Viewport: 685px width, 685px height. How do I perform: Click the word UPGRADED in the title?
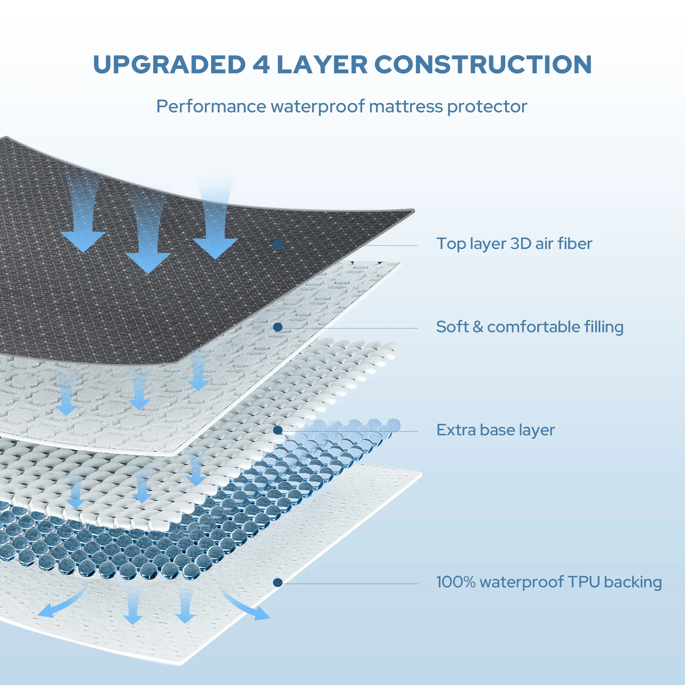tap(169, 64)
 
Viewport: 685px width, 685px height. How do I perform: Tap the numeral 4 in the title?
tap(261, 64)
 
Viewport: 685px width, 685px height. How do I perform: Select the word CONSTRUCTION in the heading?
tap(483, 64)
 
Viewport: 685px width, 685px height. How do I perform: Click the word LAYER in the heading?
tap(322, 64)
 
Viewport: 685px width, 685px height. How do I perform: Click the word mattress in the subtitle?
tap(405, 107)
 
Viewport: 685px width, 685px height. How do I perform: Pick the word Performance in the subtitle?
tap(211, 107)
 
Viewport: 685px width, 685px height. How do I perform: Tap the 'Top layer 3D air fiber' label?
tap(514, 244)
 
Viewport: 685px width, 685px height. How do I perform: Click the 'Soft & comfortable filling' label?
tap(530, 327)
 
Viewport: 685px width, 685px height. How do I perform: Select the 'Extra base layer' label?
tap(495, 430)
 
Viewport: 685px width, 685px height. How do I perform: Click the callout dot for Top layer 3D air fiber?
tap(278, 244)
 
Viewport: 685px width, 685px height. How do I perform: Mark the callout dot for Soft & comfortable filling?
tap(278, 327)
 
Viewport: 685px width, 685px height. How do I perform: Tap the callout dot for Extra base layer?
tap(278, 431)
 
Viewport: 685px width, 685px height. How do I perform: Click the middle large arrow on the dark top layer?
tap(148, 241)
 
